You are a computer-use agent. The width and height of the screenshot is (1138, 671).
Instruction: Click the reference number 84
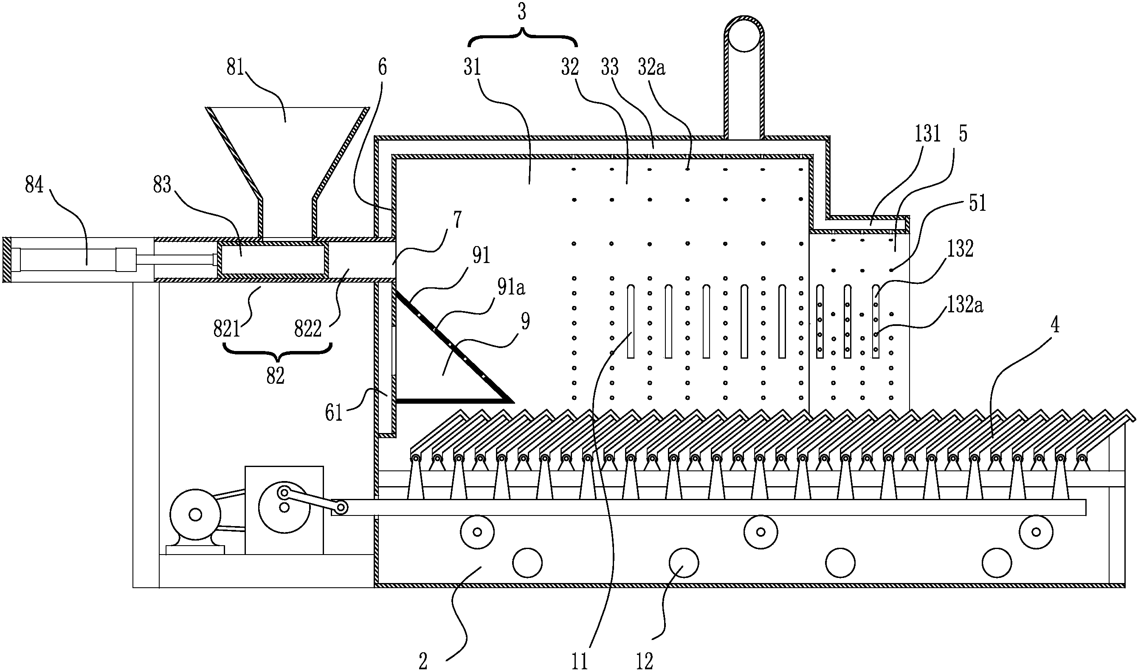coord(34,185)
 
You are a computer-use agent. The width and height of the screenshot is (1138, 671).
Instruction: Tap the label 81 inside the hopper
coord(235,68)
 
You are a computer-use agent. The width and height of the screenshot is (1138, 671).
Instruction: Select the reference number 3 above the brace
coord(522,12)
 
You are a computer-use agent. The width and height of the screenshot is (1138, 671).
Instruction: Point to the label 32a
coord(651,68)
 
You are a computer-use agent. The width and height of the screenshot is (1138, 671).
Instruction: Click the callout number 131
coord(927,134)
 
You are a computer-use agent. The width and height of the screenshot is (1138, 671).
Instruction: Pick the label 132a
coord(965,305)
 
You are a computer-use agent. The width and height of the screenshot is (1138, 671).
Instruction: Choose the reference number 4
coord(1054,325)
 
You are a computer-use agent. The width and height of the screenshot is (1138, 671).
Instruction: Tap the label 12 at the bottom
coord(645,662)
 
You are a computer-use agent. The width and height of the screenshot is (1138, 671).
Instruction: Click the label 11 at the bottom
coord(580,662)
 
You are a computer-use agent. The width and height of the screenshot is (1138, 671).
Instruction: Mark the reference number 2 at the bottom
coord(423,662)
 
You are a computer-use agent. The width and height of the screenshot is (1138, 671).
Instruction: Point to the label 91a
coord(511,288)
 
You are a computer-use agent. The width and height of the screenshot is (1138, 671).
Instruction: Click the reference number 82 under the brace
coord(275,375)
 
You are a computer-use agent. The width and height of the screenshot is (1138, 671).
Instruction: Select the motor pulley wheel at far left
coord(195,514)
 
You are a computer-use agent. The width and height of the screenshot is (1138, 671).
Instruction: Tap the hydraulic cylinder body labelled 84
coord(68,260)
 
